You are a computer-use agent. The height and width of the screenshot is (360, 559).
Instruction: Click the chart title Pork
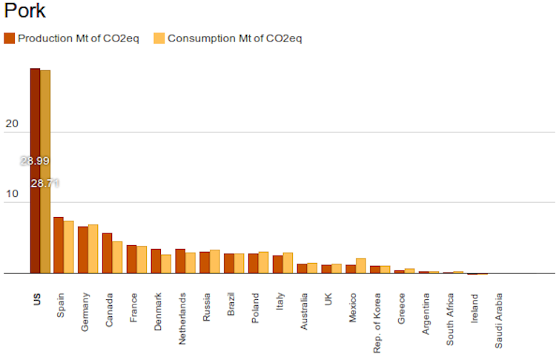coord(24,11)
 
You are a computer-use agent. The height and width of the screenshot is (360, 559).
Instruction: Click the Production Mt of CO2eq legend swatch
coord(9,38)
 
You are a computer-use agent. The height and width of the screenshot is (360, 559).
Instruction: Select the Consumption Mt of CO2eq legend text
coord(234,38)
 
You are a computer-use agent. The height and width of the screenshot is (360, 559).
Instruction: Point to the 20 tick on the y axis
coord(11,124)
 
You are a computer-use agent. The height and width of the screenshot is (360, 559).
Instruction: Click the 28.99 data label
coord(35,161)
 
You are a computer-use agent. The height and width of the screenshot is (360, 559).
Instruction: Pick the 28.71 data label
coord(45,183)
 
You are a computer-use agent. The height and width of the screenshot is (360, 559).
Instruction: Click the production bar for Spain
coord(59,245)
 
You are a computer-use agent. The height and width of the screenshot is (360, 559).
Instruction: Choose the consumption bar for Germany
coord(93,249)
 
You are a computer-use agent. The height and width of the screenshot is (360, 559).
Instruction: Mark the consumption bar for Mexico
coord(361,266)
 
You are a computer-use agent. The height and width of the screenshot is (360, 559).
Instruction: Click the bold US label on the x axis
coord(37,300)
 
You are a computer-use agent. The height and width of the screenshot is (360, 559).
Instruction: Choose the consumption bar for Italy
coord(288,263)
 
